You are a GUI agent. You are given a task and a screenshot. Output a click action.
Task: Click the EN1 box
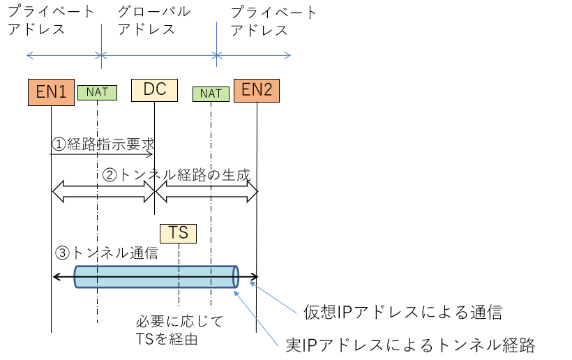tap(51, 91)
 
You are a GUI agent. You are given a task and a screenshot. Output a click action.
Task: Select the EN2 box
tap(257, 90)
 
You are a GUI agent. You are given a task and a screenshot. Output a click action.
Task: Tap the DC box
tap(154, 90)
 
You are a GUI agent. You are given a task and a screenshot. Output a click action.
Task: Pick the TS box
tap(178, 233)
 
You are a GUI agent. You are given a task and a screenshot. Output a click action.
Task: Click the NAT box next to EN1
tap(97, 91)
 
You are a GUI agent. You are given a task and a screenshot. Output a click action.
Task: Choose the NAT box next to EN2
tap(211, 93)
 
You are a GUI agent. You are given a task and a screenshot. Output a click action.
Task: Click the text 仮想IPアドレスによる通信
tap(402, 312)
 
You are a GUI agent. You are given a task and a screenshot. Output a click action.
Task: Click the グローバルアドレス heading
tap(153, 21)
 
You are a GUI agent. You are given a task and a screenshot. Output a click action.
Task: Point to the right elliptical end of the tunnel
tap(236, 276)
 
